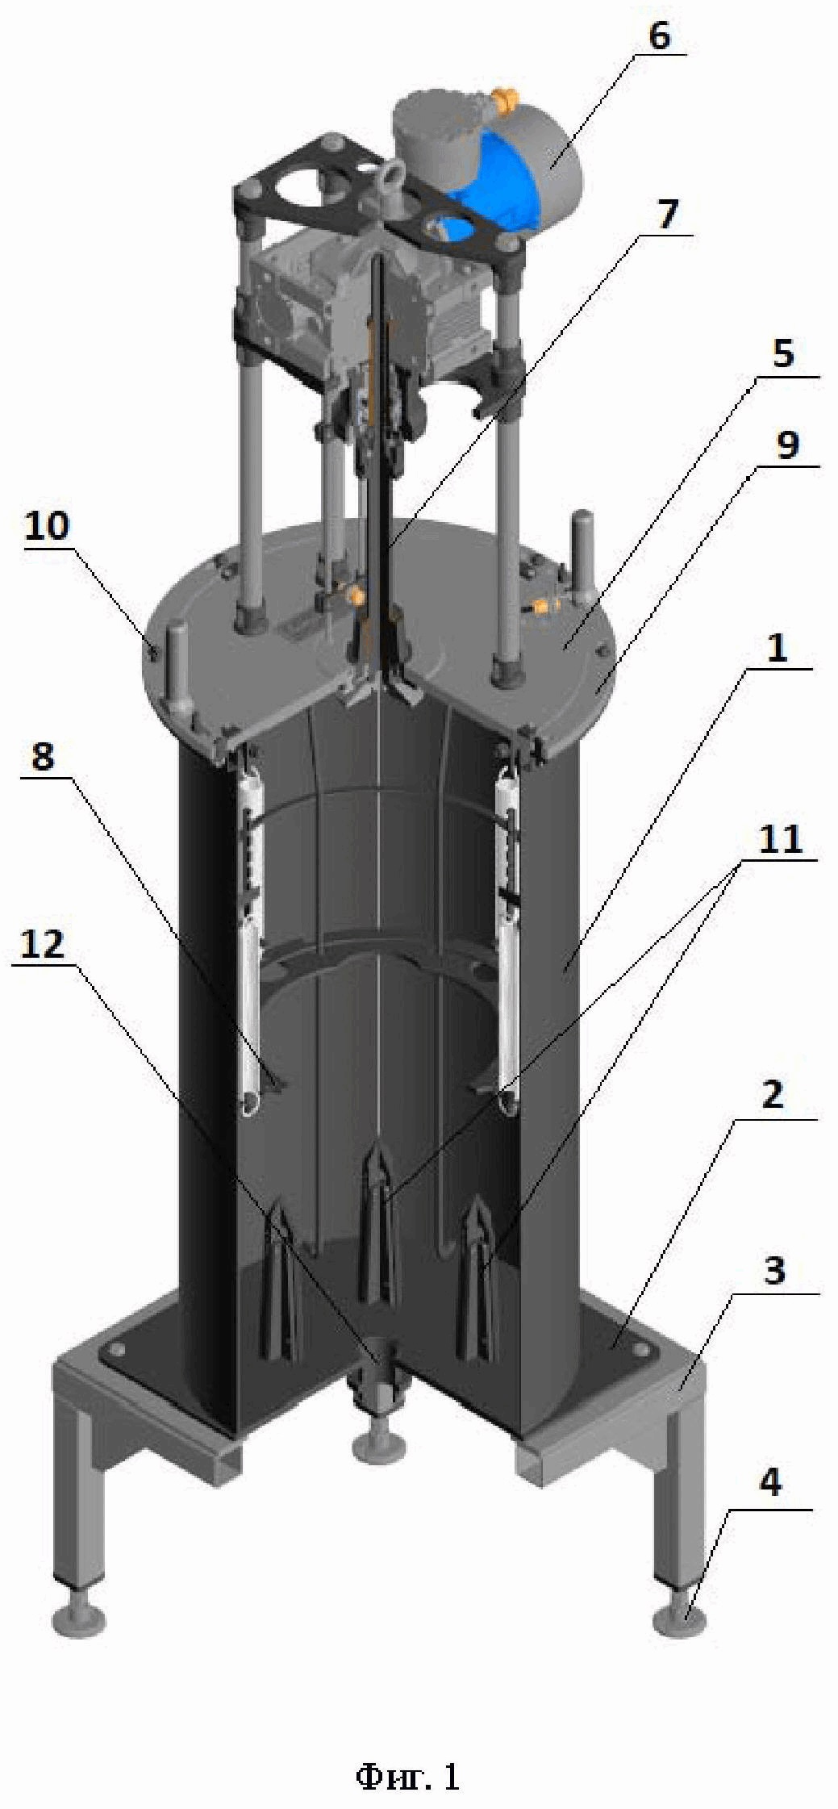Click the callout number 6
pyautogui.click(x=658, y=36)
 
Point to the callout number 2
pyautogui.click(x=772, y=1095)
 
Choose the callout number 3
pyautogui.click(x=773, y=1271)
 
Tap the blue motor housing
pyautogui.click(x=492, y=192)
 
